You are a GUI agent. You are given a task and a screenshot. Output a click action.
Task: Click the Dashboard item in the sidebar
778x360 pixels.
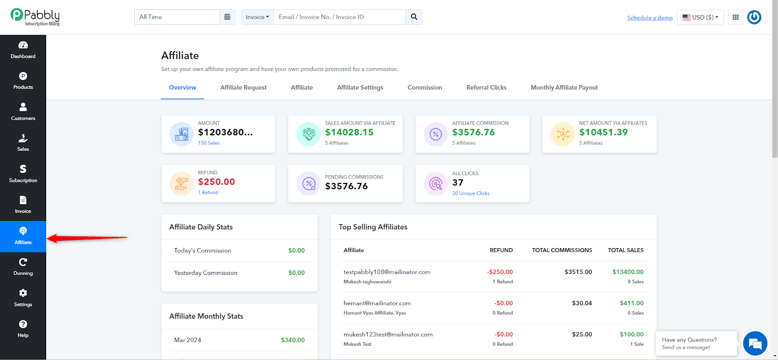pos(23,50)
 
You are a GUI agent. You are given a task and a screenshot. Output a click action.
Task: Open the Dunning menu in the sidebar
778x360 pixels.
pos(23,267)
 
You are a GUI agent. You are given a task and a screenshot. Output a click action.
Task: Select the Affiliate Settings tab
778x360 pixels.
pos(360,88)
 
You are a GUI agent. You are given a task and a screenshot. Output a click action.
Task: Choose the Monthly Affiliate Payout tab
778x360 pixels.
pos(564,88)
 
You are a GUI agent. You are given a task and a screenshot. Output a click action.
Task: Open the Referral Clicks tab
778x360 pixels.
pos(486,88)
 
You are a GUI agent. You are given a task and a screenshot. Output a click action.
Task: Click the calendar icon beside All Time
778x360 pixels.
pos(227,17)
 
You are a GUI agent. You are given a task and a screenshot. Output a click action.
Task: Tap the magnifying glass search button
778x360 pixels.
pos(414,17)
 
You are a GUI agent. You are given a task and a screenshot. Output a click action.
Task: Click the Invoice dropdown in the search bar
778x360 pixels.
pos(257,17)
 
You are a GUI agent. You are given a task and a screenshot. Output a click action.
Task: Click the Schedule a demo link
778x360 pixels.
pos(650,18)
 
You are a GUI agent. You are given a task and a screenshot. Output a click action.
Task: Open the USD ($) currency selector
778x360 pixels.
pos(700,18)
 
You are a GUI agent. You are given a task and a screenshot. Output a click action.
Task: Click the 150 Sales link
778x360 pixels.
pos(209,143)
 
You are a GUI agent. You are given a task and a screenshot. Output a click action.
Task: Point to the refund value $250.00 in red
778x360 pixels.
pos(216,182)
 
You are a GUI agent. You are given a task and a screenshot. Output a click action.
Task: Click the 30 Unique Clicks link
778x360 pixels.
pos(471,193)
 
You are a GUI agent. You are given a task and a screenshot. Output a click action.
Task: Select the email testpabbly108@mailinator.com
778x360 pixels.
pos(387,272)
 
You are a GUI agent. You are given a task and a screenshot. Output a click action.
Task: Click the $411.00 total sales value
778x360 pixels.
pos(632,303)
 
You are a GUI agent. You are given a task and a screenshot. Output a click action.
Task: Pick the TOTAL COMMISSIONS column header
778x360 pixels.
pos(562,250)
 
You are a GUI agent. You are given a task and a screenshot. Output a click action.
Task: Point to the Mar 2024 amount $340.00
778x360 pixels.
pos(293,340)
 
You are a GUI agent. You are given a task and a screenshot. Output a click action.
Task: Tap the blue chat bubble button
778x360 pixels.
pos(755,343)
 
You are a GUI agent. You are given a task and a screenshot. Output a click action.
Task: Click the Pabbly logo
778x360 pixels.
pos(35,17)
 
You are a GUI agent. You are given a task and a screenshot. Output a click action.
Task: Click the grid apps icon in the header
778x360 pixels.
pos(736,18)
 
